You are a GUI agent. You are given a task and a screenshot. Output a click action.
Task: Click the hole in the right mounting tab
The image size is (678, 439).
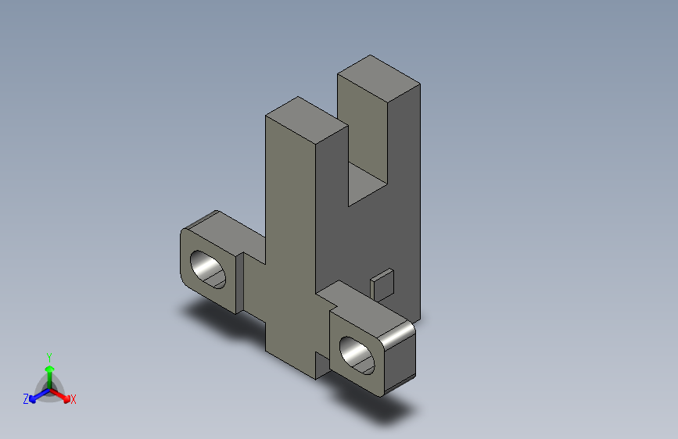click(359, 352)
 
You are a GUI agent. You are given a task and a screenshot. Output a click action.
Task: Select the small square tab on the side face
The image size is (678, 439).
click(383, 284)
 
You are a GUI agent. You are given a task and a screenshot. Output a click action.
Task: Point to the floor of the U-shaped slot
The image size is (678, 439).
click(367, 184)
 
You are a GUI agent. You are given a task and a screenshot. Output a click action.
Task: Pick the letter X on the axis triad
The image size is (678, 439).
click(74, 400)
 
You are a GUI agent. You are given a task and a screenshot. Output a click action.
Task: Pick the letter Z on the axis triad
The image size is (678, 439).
click(26, 399)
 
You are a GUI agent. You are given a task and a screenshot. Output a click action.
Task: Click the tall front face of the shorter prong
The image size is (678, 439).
click(289, 234)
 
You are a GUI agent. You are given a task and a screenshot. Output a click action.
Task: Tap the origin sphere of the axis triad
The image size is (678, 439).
click(49, 385)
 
